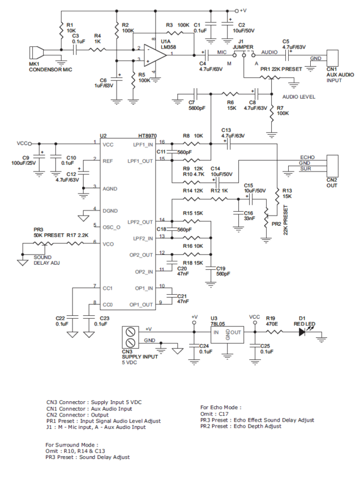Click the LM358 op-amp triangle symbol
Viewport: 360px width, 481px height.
[x=155, y=55]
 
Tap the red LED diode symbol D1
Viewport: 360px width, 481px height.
[x=302, y=332]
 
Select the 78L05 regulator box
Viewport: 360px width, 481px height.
[x=227, y=334]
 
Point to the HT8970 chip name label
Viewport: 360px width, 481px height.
[x=148, y=136]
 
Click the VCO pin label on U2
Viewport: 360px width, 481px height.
[x=108, y=244]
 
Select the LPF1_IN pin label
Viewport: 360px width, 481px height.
[x=143, y=145]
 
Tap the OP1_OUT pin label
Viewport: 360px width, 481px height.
[x=141, y=304]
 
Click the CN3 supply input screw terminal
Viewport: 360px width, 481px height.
[x=130, y=337]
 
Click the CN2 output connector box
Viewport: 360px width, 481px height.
[x=332, y=166]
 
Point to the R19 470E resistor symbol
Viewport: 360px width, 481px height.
[x=274, y=332]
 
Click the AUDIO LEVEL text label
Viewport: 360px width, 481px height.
[x=299, y=97]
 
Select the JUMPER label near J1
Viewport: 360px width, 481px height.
[x=243, y=47]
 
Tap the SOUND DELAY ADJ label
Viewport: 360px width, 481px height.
[x=46, y=260]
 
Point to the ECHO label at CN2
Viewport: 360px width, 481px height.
[x=307, y=157]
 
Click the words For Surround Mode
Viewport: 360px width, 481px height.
[x=72, y=445]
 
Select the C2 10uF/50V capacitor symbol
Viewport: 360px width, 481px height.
[x=228, y=24]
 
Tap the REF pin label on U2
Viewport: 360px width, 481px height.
[x=108, y=161]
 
